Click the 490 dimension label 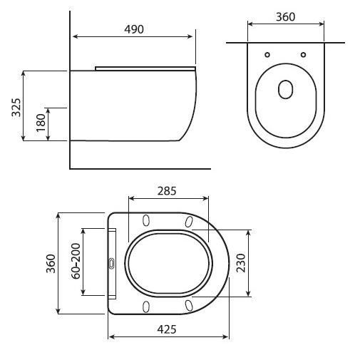pos(134,29)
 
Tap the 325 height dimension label pos(16,108)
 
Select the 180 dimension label pos(41,123)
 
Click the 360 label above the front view pos(285,17)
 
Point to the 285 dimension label pos(167,191)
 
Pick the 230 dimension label pos(241,263)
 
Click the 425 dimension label pos(167,329)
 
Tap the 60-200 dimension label pos(76,261)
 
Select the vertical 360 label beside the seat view pos(51,264)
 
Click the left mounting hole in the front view pos(267,55)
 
